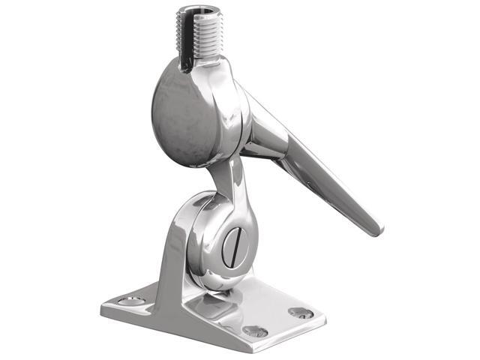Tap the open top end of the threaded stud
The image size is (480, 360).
tap(196, 13)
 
